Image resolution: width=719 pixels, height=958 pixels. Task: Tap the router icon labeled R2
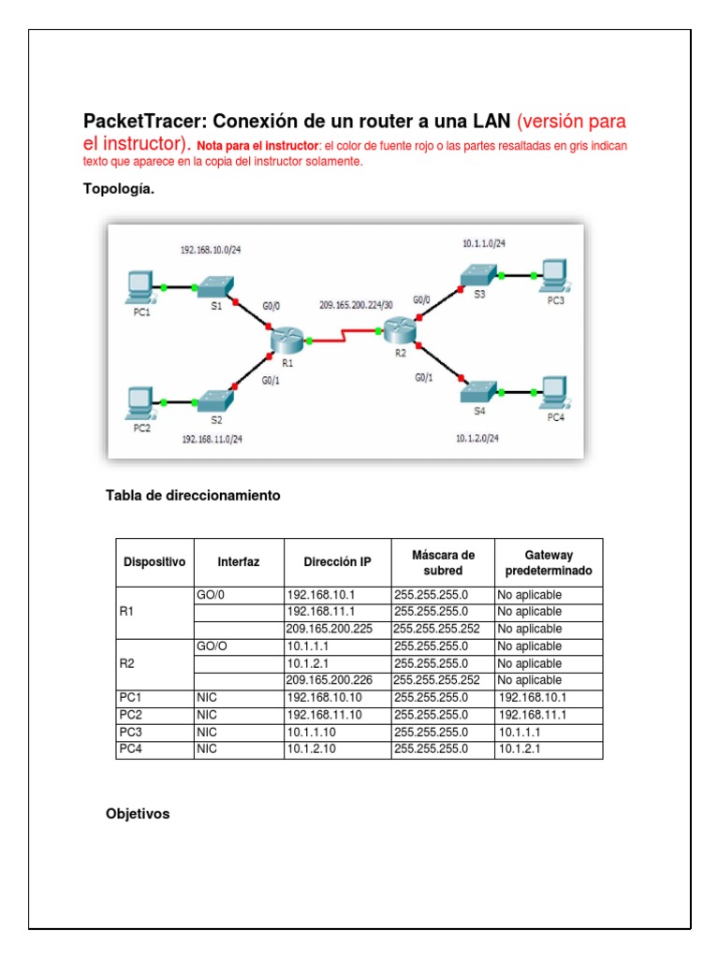coord(398,329)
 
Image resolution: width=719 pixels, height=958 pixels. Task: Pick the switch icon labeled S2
coord(215,400)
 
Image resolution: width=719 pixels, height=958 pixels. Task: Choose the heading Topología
coord(119,190)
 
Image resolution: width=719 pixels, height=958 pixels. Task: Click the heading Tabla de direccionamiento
coord(193,496)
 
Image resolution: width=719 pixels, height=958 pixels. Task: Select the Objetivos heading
coord(138,814)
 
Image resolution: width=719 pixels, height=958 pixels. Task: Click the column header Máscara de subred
coord(443,562)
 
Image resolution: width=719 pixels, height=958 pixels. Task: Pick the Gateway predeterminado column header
coord(548,562)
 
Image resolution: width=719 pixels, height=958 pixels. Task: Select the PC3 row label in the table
coord(131,733)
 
